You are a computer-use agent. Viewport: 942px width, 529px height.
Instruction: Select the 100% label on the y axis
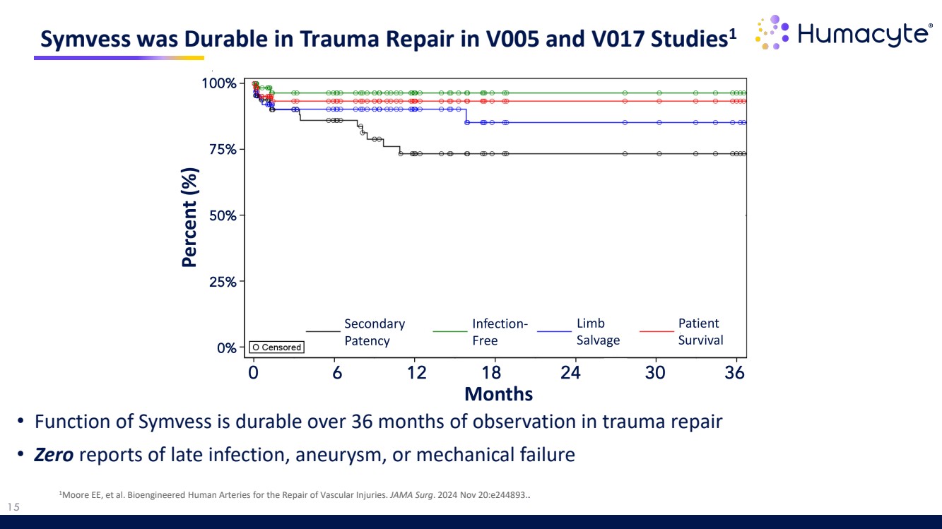[x=219, y=83]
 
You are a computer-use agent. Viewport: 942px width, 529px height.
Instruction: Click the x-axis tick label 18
[x=491, y=372]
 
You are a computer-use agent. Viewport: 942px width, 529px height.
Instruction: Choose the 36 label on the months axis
[x=735, y=372]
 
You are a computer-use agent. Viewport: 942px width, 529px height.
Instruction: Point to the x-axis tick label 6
[x=337, y=372]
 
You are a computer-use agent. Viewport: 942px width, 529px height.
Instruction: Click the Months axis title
[x=499, y=393]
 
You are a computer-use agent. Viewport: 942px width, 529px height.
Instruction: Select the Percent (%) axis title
[x=189, y=217]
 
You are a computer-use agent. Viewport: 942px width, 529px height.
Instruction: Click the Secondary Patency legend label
[x=374, y=332]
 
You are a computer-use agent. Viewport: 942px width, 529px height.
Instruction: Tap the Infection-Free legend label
[x=500, y=332]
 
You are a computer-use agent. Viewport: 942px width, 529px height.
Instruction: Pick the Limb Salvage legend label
[x=598, y=332]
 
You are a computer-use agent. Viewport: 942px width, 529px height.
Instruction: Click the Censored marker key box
[x=277, y=347]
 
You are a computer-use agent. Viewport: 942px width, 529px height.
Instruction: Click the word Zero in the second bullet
[x=54, y=454]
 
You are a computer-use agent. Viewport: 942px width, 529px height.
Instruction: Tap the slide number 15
[x=13, y=506]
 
